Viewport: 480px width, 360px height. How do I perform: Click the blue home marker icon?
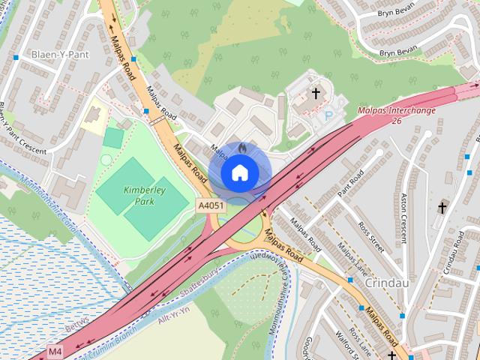[x=238, y=172]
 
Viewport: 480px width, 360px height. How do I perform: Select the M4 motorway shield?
[x=55, y=350]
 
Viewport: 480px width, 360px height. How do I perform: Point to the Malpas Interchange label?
[x=397, y=110]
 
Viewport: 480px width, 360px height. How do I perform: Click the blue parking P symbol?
[x=328, y=116]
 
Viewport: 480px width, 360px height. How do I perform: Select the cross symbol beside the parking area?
[x=316, y=94]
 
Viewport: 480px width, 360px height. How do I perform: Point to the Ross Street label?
[x=370, y=235]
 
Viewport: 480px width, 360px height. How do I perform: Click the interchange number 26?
[x=397, y=121]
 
